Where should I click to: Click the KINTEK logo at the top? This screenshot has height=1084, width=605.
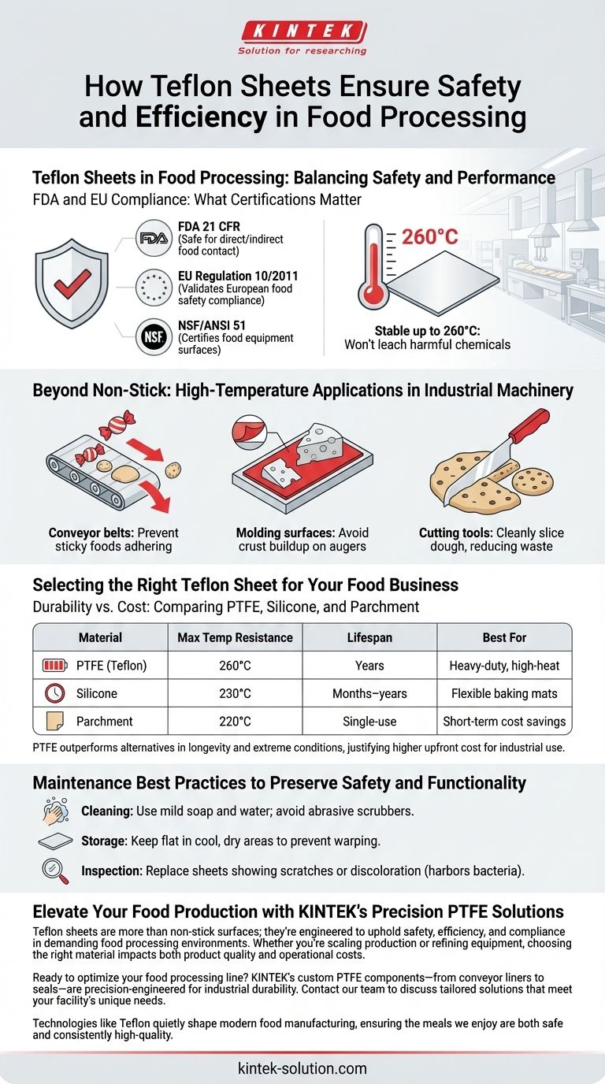pos(302,38)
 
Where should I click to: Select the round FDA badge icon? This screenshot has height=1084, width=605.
pos(154,238)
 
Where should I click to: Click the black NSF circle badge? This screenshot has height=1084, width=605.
pos(154,336)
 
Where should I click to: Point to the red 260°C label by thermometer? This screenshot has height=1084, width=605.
pos(429,237)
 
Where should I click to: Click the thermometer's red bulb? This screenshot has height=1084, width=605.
pos(373,294)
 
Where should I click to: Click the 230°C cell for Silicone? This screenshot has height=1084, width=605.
pos(236,693)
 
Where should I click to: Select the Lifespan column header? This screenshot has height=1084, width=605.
pos(369,637)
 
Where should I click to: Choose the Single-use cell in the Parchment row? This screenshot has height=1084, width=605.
pos(369,722)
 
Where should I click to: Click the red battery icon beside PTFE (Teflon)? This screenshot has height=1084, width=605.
pos(54,666)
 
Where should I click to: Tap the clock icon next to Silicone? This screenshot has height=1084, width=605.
pos(54,693)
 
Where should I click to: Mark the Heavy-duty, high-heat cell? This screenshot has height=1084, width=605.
pos(504,666)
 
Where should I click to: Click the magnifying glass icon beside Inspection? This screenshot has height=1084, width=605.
pos(54,871)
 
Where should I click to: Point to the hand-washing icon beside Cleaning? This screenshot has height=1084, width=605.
pos(56,811)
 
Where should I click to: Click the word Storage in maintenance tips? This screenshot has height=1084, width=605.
pos(103,841)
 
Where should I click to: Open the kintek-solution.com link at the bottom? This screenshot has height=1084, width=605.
pos(302,1068)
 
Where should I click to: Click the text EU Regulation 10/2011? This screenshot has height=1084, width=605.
pos(238,276)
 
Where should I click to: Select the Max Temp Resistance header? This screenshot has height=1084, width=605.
pos(236,637)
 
